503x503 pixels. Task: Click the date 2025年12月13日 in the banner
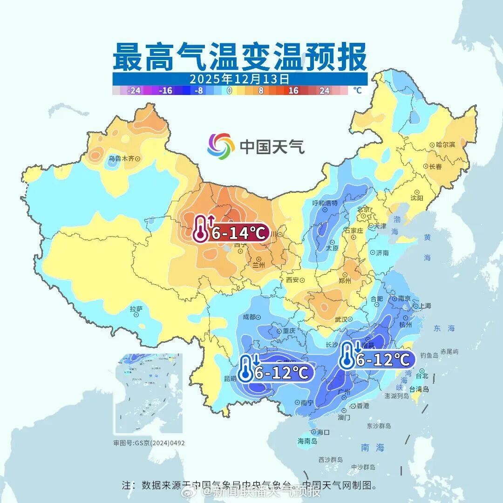pos(239,78)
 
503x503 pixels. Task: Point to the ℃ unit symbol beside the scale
pos(357,90)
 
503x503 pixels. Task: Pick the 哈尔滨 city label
pos(445,145)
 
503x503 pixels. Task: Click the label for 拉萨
pos(136,309)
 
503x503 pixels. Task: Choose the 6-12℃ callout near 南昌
pos(383,359)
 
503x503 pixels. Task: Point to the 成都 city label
pos(249,317)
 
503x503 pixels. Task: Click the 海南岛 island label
pos(307,441)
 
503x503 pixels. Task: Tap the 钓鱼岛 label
pos(429,355)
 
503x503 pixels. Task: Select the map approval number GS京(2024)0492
pos(149,442)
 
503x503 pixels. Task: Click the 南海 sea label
pos(373,448)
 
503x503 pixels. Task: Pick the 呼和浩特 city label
pos(325,204)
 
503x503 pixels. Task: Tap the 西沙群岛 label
pos(331,460)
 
